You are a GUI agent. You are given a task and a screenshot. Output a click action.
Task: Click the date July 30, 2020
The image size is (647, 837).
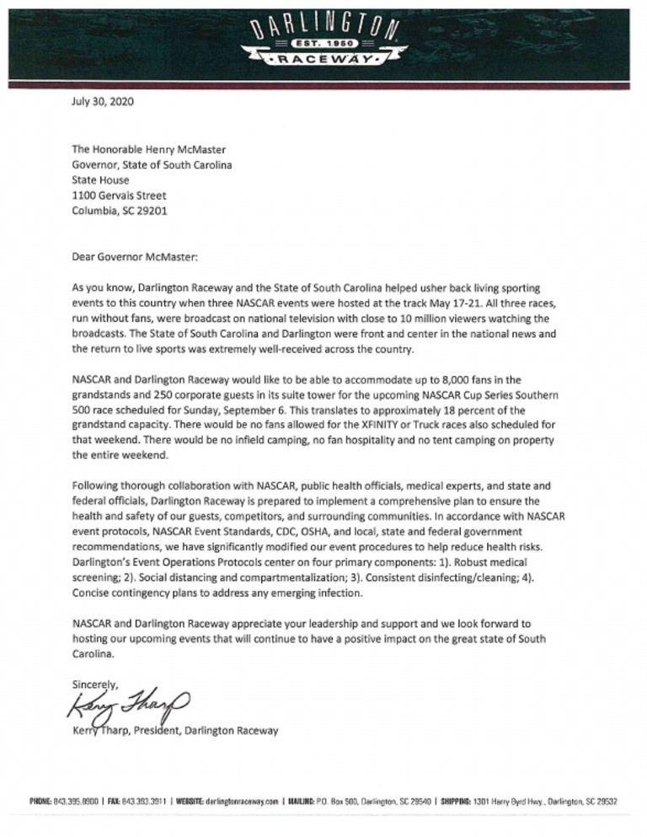102,105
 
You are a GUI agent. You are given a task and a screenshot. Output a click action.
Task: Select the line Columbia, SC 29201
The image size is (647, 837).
119,211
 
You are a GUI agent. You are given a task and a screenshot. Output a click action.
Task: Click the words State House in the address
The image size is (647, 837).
101,180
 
